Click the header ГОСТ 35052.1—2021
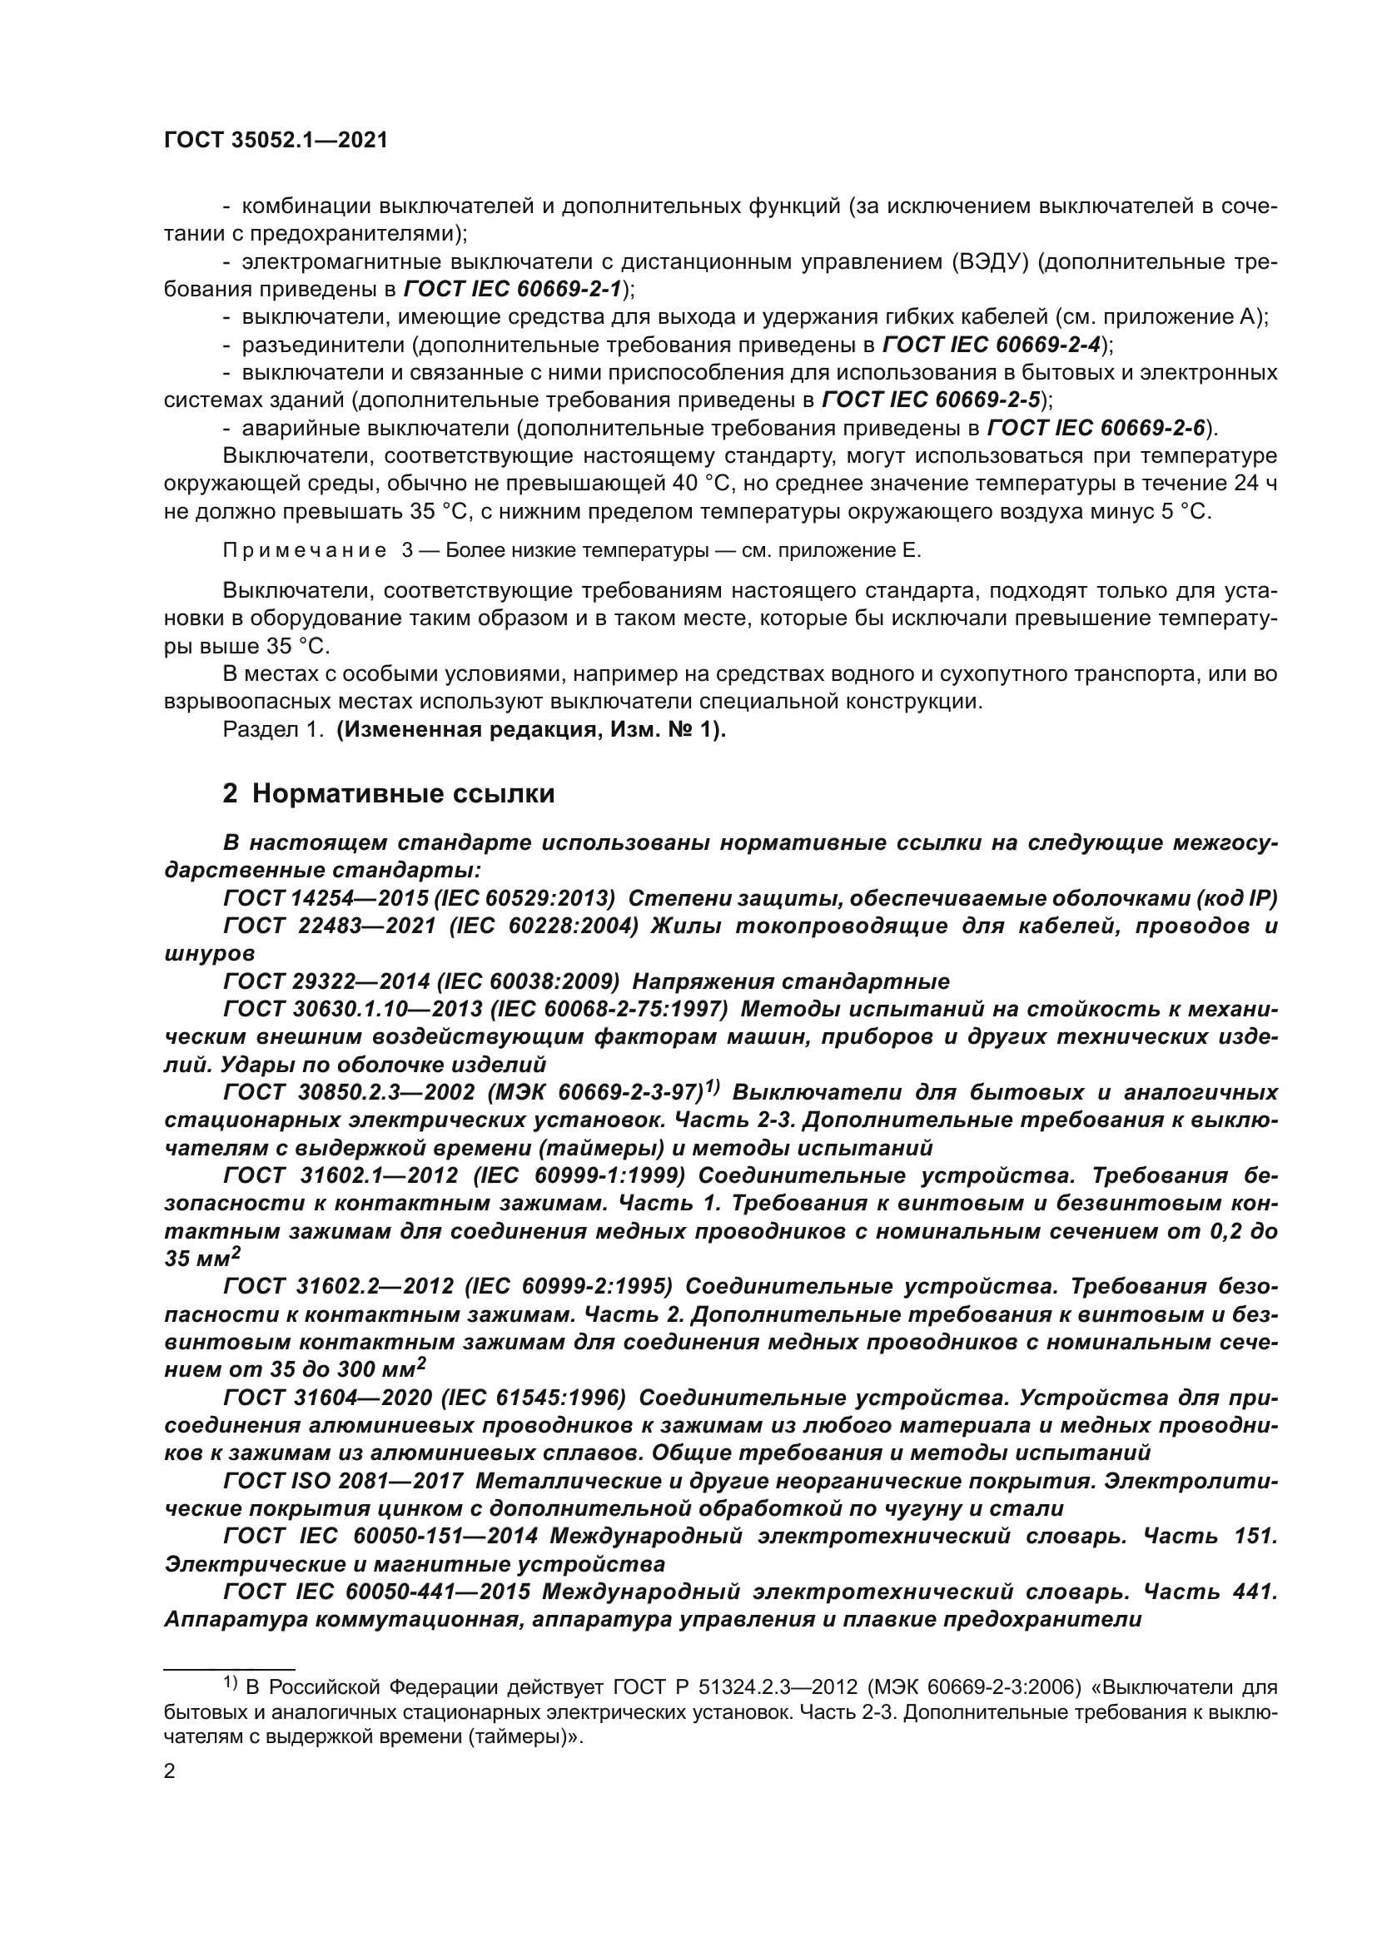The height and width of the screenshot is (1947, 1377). click(x=276, y=141)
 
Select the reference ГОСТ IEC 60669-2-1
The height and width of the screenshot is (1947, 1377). click(x=513, y=289)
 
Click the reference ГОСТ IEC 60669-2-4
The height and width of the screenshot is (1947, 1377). click(x=992, y=345)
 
